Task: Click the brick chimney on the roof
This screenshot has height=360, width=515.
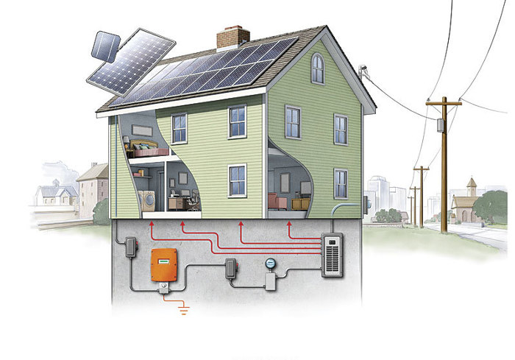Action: [x=232, y=37]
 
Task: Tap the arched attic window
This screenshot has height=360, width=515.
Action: [x=317, y=68]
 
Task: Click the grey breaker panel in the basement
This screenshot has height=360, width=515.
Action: [x=333, y=255]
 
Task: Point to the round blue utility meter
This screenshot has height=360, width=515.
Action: [x=270, y=263]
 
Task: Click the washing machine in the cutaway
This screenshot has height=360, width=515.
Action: [x=147, y=201]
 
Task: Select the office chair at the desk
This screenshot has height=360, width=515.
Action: [x=193, y=200]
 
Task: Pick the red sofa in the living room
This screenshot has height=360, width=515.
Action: [x=276, y=201]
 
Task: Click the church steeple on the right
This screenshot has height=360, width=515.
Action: [x=472, y=185]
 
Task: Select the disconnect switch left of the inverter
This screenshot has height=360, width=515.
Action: [x=131, y=247]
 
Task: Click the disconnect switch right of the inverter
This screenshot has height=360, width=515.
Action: [x=231, y=267]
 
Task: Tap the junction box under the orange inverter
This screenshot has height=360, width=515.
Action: [x=163, y=293]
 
